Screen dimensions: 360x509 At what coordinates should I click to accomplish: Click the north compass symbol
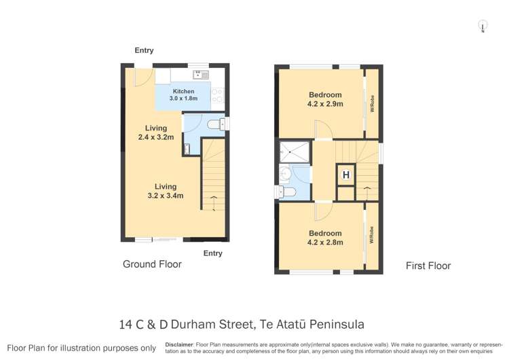click(483, 26)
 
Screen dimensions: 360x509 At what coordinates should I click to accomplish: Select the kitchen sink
click(200, 74)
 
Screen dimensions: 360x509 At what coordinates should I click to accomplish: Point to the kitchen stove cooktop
click(218, 96)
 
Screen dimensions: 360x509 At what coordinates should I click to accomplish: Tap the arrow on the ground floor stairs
click(214, 198)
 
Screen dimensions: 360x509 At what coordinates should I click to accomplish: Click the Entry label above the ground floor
click(144, 50)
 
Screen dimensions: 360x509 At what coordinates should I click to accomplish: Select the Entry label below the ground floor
click(212, 253)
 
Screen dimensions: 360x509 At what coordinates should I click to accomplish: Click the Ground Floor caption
click(152, 264)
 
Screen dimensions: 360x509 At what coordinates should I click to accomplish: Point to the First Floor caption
click(428, 266)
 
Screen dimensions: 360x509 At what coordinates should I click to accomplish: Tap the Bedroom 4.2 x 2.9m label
click(325, 100)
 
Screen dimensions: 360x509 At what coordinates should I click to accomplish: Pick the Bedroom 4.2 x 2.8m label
click(325, 238)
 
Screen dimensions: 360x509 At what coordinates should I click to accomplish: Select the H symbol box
click(345, 175)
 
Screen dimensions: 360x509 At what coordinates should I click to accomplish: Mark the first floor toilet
click(287, 192)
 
